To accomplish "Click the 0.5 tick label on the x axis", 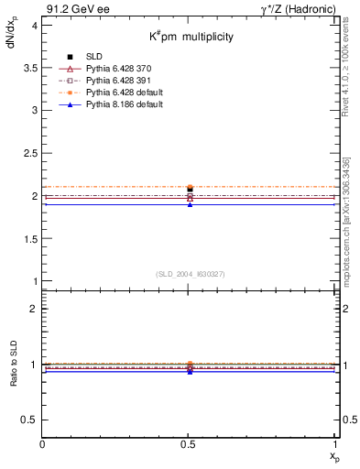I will pos(190,444).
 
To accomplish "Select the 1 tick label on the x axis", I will pos(336,444).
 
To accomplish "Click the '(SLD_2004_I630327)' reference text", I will pos(190,274).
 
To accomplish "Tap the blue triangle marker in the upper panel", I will pos(190,203).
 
